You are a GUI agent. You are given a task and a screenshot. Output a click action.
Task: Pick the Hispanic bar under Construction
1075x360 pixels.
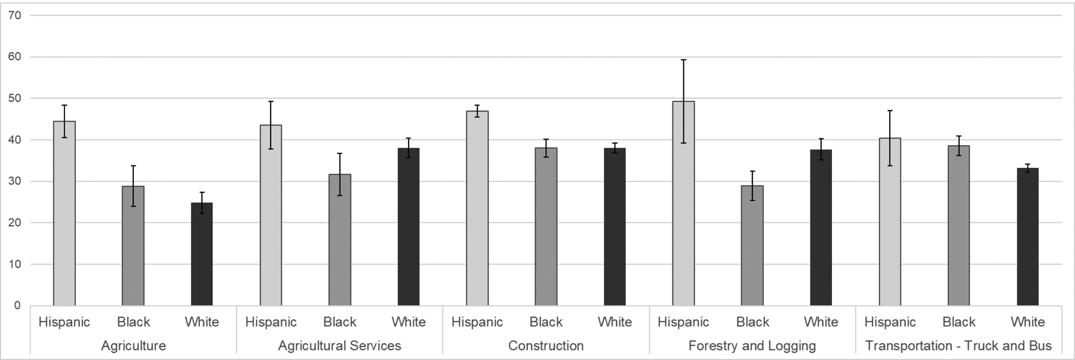pos(477,208)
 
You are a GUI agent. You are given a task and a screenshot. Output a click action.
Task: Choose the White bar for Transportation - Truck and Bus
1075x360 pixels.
pos(1027,237)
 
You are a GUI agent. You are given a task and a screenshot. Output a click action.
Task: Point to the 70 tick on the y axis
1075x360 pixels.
pos(15,16)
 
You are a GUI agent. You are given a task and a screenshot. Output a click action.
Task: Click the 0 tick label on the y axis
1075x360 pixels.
pos(17,306)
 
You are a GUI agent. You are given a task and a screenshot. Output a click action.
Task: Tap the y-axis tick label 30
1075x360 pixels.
pos(15,181)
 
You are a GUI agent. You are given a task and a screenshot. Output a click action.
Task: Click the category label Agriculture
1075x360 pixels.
pos(133,346)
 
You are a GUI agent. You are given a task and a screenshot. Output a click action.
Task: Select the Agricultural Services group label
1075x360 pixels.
pos(339,346)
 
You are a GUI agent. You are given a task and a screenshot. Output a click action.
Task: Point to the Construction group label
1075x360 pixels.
pos(546,346)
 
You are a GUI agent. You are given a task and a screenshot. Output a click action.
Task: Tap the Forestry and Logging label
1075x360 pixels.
pos(752,346)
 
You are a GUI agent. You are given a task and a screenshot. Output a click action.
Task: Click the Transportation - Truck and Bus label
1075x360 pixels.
pos(958,346)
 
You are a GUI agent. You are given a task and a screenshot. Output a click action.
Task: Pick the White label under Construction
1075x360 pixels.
pos(615,322)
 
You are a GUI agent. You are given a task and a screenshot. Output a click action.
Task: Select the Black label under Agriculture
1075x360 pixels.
pos(133,322)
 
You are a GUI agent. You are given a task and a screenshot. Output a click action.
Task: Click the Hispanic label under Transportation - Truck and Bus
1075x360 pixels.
pos(890,322)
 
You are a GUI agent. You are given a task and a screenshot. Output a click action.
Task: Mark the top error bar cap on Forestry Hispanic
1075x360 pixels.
pos(683,60)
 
